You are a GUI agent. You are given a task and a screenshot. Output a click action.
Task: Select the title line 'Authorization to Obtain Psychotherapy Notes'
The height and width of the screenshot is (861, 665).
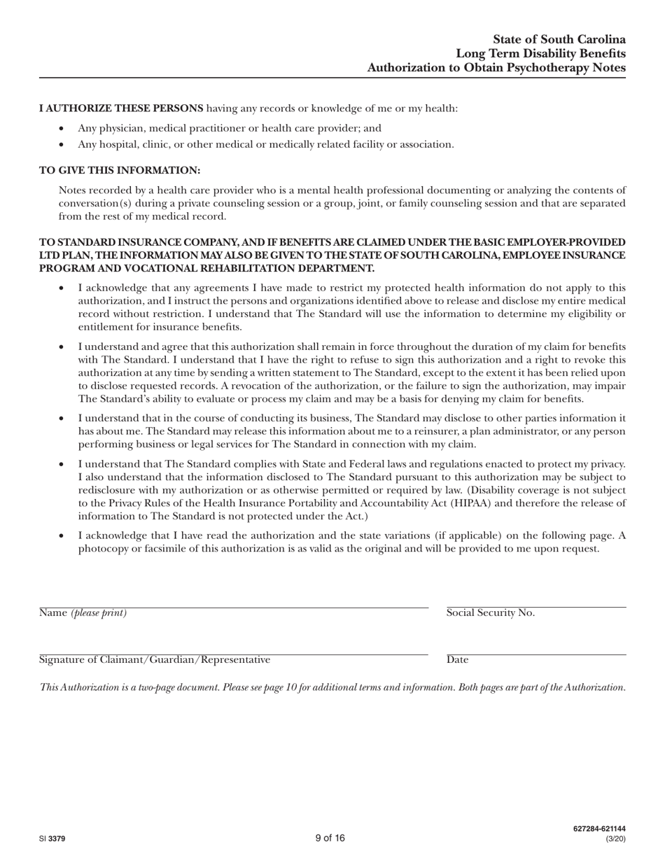496,68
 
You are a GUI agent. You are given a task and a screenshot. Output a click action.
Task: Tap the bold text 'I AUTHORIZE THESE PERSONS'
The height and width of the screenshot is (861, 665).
121,108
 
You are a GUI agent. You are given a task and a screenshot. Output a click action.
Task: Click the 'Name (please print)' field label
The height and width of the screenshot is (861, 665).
83,613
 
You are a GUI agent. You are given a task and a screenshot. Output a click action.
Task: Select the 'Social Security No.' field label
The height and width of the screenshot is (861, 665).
490,613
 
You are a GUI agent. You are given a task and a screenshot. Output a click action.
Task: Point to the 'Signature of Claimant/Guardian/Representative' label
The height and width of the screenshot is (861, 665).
155,660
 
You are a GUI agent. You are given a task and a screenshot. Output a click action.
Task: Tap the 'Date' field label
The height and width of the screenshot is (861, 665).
458,660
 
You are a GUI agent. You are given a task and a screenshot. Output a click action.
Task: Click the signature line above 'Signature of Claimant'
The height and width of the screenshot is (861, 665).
233,653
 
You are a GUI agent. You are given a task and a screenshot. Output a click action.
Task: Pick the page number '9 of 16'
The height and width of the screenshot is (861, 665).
330,838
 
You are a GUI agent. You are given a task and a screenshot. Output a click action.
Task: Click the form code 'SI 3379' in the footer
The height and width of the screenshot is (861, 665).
53,839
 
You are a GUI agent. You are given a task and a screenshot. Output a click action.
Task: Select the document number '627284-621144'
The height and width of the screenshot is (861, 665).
598,829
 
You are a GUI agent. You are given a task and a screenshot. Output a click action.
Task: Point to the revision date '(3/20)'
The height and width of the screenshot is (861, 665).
615,839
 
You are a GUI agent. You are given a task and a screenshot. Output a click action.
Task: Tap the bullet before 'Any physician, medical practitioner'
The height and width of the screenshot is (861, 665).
63,129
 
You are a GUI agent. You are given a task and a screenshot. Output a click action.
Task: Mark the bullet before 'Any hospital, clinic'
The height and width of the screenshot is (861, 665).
63,145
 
